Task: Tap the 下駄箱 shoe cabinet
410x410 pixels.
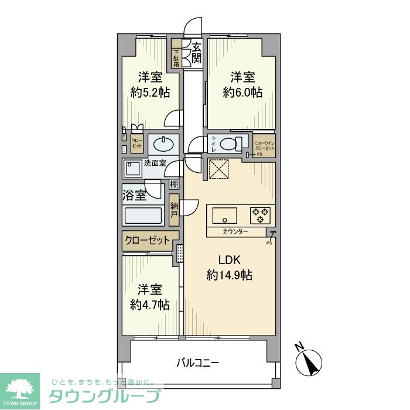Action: pyautogui.click(x=176, y=57)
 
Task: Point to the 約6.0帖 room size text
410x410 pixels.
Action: pyautogui.click(x=242, y=92)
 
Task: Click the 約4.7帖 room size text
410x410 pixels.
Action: pyautogui.click(x=149, y=305)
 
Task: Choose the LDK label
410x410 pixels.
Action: pyautogui.click(x=229, y=260)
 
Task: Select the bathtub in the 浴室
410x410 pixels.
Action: pyautogui.click(x=143, y=216)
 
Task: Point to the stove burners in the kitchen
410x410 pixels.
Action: pyautogui.click(x=261, y=216)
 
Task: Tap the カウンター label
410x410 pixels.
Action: pyautogui.click(x=235, y=233)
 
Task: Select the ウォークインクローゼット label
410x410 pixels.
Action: pyautogui.click(x=264, y=145)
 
